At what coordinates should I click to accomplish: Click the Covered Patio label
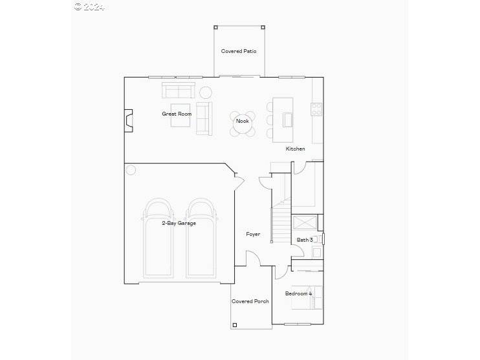click(239, 51)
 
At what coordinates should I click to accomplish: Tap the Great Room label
click(177, 114)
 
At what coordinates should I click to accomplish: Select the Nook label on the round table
click(242, 121)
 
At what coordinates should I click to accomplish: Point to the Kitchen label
click(295, 149)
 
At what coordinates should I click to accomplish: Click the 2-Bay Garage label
click(179, 223)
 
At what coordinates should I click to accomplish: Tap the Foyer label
click(253, 234)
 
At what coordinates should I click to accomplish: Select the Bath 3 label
click(305, 240)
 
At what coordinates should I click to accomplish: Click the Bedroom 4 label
click(298, 293)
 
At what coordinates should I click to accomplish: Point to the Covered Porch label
click(250, 301)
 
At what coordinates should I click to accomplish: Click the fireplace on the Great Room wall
click(129, 121)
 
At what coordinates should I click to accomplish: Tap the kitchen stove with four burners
click(316, 109)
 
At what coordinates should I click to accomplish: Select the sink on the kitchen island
click(288, 120)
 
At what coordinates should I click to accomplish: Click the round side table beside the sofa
click(206, 92)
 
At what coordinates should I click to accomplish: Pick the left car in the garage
click(158, 238)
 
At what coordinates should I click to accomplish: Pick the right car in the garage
click(201, 238)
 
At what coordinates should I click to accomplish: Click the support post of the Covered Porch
click(235, 325)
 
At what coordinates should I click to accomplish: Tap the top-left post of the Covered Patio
click(215, 27)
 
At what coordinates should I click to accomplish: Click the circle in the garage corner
click(131, 170)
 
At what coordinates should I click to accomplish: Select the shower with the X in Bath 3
click(305, 223)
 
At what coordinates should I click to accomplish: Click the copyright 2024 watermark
click(89, 6)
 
